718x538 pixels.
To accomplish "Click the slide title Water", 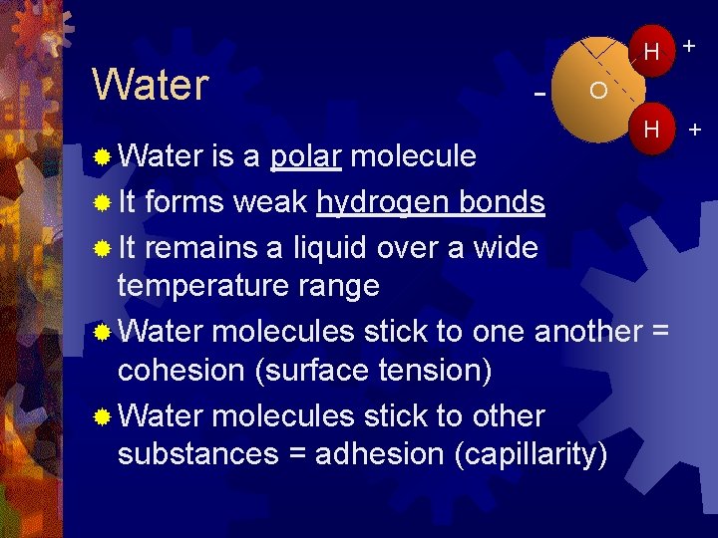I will (150, 86).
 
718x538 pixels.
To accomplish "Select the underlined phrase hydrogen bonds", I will (431, 202).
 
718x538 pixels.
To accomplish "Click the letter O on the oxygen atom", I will (598, 91).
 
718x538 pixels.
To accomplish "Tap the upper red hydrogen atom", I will (652, 51).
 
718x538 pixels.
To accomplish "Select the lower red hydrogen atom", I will (652, 129).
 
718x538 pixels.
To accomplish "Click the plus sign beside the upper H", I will (689, 47).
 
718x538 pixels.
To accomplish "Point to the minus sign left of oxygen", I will (539, 94).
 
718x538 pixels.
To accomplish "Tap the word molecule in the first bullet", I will (413, 156).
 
